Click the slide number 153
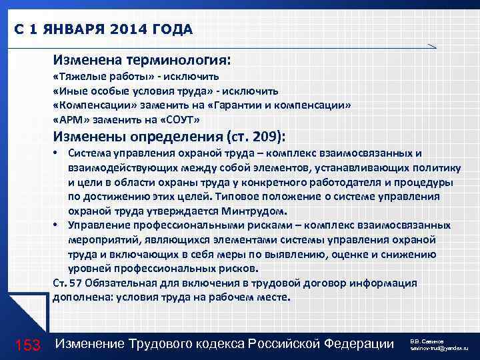click(x=28, y=345)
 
